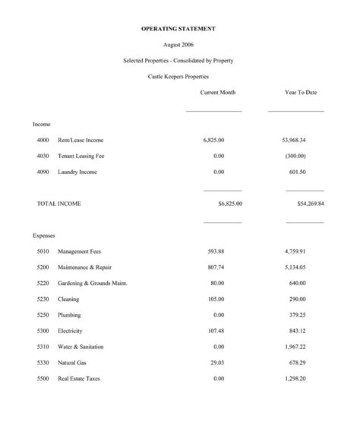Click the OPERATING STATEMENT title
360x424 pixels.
(x=178, y=28)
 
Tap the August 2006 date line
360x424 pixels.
(x=178, y=45)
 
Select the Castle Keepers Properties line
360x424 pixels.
(x=178, y=76)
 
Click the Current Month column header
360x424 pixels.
(x=218, y=92)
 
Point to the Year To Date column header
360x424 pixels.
(x=301, y=92)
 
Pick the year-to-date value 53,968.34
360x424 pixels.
(x=293, y=141)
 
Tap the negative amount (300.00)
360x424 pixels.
(x=295, y=156)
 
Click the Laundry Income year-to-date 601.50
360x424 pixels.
(x=297, y=172)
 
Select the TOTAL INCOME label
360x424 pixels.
(x=59, y=204)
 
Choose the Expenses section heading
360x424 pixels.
(x=44, y=236)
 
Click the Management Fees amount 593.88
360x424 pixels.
(x=216, y=251)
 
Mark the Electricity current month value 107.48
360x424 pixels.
(x=216, y=331)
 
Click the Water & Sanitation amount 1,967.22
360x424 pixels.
(x=295, y=346)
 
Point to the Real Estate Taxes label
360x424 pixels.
(x=79, y=378)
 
